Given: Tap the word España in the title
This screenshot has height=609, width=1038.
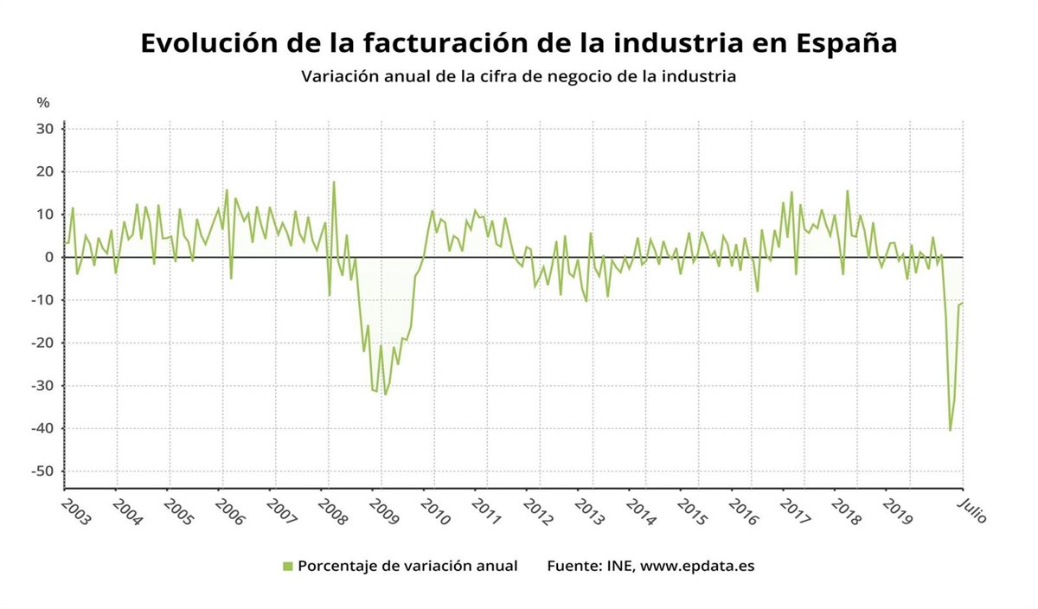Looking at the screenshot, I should (x=847, y=43).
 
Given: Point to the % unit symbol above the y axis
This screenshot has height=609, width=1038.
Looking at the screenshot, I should (x=43, y=102).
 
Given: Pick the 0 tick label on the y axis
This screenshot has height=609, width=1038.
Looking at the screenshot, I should (x=50, y=257).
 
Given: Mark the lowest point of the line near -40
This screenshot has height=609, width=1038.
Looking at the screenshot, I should (x=950, y=430).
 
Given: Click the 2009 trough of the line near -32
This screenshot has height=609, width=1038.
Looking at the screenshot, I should (x=385, y=394).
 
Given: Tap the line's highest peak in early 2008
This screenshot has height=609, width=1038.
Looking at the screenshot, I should (x=334, y=182).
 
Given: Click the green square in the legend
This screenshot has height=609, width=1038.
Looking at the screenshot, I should (x=287, y=566).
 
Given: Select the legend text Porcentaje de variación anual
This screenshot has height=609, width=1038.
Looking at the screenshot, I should (x=407, y=566).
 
